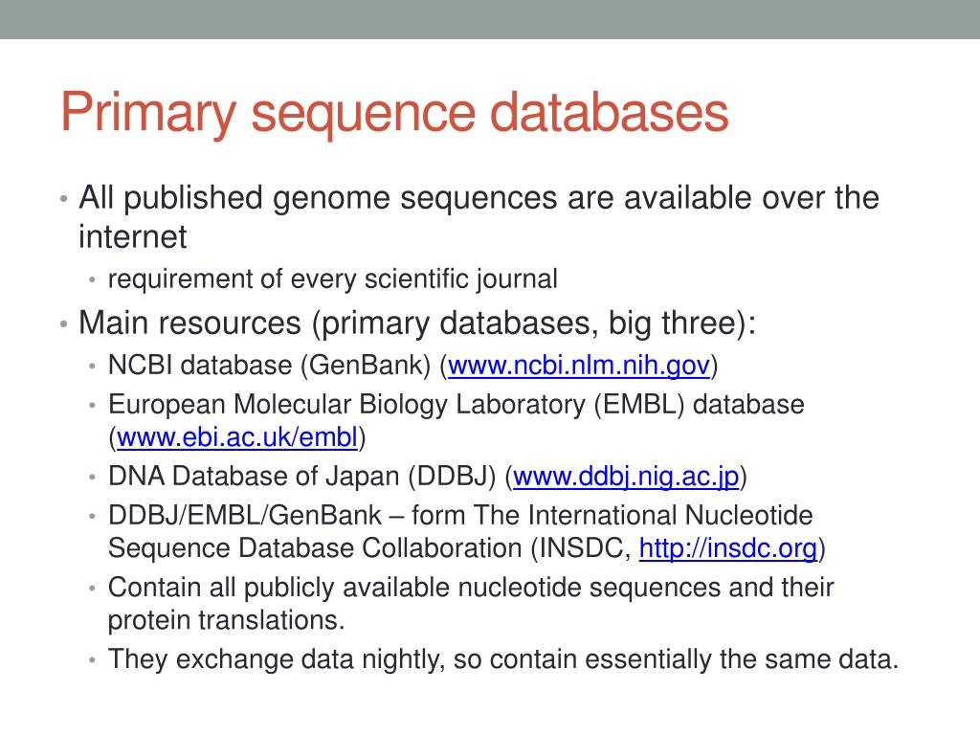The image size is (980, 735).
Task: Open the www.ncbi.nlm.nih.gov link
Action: (579, 365)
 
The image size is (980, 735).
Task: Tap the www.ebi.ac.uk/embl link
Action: (237, 438)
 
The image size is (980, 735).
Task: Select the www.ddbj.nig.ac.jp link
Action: (627, 476)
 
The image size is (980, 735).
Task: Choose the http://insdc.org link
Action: (727, 548)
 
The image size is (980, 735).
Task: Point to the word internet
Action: (132, 235)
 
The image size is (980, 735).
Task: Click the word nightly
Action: (402, 659)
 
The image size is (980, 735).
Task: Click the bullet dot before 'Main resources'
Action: (62, 323)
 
